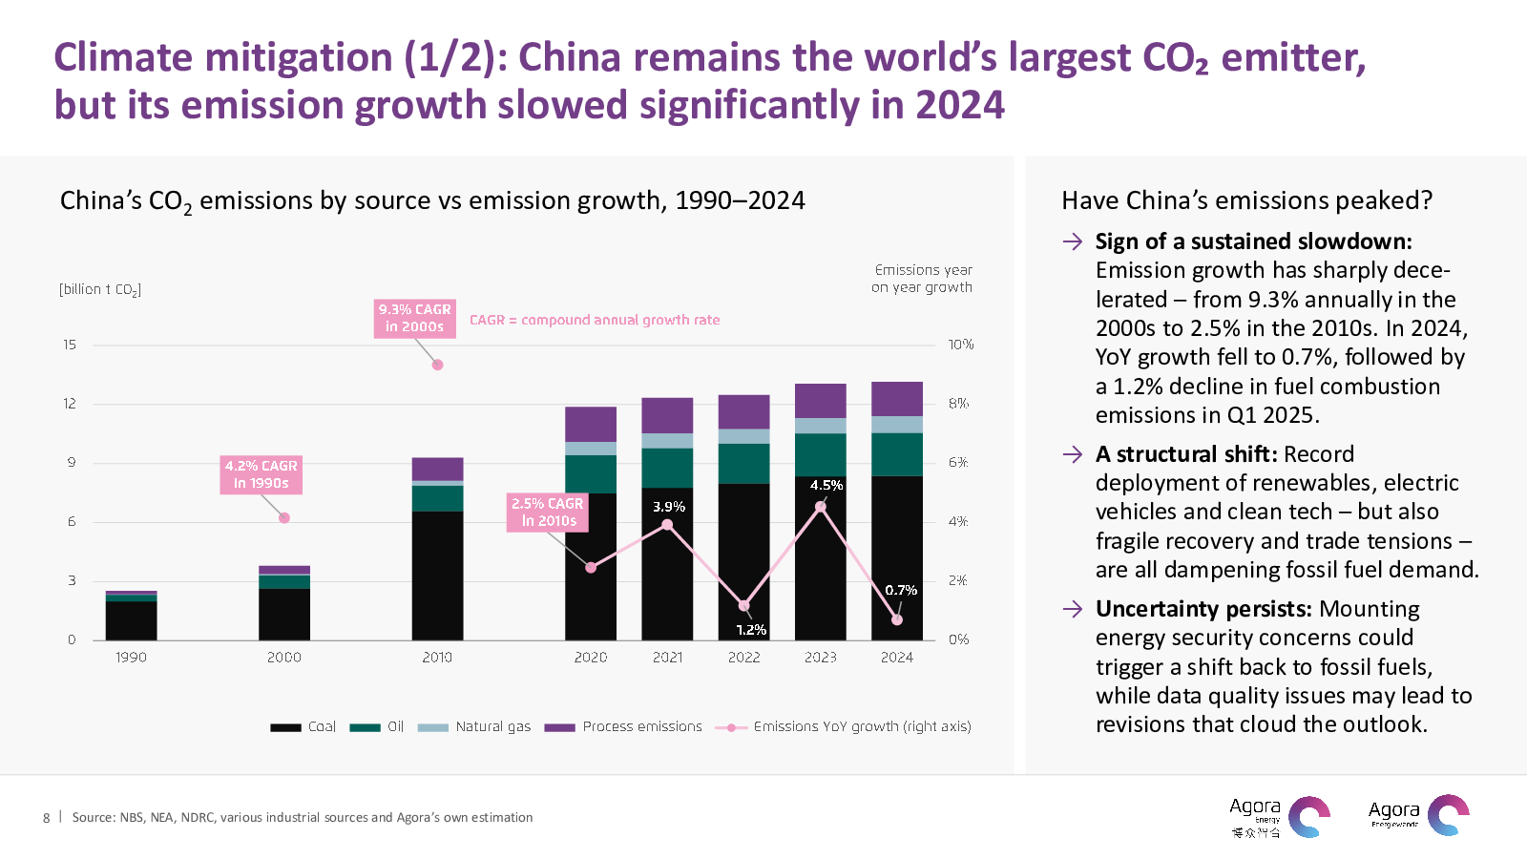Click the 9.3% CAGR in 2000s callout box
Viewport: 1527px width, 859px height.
(x=414, y=318)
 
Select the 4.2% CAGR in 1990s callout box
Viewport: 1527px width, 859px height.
(x=261, y=474)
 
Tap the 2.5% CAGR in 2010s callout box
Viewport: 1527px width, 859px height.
(x=547, y=512)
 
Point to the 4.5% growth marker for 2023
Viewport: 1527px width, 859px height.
(x=821, y=507)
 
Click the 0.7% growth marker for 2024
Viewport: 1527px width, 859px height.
(x=897, y=619)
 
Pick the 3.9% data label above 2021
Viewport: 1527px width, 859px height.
(x=668, y=506)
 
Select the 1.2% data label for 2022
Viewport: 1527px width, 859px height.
(x=751, y=629)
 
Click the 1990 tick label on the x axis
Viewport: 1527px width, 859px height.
(x=131, y=657)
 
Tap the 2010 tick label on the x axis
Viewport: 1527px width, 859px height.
(x=437, y=657)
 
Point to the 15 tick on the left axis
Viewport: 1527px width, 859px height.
(x=70, y=345)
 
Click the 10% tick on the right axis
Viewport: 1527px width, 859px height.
(x=960, y=345)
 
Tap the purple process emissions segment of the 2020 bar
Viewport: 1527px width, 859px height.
(x=591, y=424)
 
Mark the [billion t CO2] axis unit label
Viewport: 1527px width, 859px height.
(x=100, y=289)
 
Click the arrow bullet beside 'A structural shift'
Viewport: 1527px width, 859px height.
(x=1073, y=454)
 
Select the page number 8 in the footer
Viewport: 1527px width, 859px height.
(x=46, y=817)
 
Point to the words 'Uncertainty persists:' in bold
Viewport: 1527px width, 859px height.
(x=1203, y=609)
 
